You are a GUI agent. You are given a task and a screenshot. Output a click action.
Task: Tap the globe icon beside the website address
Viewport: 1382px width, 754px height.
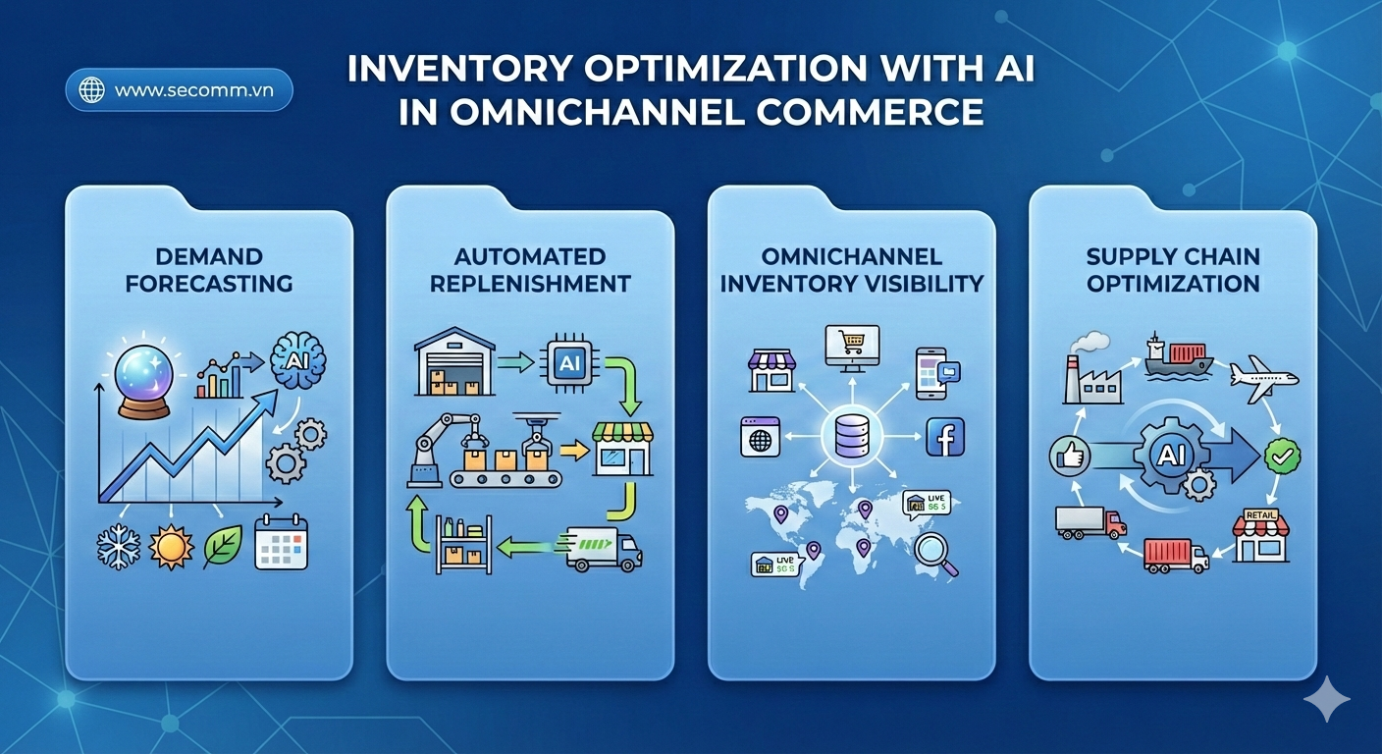tap(92, 90)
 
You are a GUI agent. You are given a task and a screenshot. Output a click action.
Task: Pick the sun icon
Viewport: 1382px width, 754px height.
tap(170, 546)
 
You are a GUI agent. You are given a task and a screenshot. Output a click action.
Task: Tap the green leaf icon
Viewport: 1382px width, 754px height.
tap(223, 546)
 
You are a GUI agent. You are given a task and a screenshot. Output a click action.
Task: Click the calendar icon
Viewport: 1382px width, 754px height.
tap(281, 543)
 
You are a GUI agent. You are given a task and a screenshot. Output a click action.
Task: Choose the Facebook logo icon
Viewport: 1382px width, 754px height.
tap(945, 437)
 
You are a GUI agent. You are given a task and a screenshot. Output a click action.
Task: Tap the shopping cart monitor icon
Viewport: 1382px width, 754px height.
tap(850, 345)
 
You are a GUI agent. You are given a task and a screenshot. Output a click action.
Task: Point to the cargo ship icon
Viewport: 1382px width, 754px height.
tap(1178, 358)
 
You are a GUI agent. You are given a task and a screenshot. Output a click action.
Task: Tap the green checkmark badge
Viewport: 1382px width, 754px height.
tap(1282, 456)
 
